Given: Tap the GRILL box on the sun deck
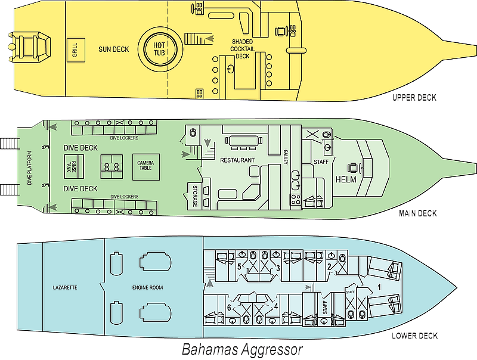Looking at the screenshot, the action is point(76,50).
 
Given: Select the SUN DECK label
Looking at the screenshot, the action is point(114,49).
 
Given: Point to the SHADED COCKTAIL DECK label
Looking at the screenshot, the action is point(242,49).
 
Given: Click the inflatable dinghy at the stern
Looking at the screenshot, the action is point(29,46).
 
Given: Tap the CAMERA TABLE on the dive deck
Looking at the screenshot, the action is point(145,167).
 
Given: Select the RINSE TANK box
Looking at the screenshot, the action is point(73,167).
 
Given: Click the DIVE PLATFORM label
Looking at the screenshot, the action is point(29,168).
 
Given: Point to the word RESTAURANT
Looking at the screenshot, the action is point(237,160).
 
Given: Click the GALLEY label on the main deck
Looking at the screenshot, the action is point(286,157).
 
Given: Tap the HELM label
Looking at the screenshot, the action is point(346,179).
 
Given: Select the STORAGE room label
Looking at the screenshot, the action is point(195,196).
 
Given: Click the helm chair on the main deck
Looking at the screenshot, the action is point(354,168).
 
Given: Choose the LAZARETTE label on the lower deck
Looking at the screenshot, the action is point(65,287).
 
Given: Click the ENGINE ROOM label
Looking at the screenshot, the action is point(147,287).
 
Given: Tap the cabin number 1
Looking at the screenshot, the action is point(379,287).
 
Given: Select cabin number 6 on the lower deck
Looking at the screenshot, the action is point(229,308).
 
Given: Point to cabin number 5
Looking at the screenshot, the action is point(239,266).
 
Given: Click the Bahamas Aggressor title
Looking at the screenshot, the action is point(242,349).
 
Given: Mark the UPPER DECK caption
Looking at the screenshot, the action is point(414,98).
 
